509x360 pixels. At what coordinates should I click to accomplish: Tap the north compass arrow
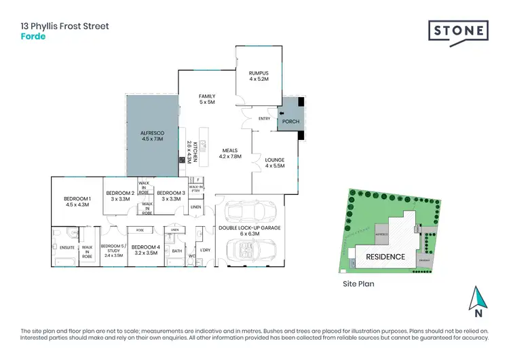pyautogui.click(x=478, y=299)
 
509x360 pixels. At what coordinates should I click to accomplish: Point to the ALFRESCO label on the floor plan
pyautogui.click(x=152, y=134)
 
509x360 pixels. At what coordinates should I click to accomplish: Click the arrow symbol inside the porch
pyautogui.click(x=282, y=113)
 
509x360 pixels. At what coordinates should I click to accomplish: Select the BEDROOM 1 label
pyautogui.click(x=76, y=200)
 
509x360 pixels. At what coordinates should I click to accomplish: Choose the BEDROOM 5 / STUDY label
pyautogui.click(x=112, y=250)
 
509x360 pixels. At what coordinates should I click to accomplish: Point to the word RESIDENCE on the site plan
pyautogui.click(x=385, y=257)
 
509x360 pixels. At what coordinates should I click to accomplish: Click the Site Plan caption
pyautogui.click(x=358, y=285)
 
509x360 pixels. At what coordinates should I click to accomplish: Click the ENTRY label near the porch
pyautogui.click(x=265, y=118)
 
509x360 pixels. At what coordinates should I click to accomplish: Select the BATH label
pyautogui.click(x=176, y=251)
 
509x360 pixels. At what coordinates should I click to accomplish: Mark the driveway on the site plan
pyautogui.click(x=426, y=259)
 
